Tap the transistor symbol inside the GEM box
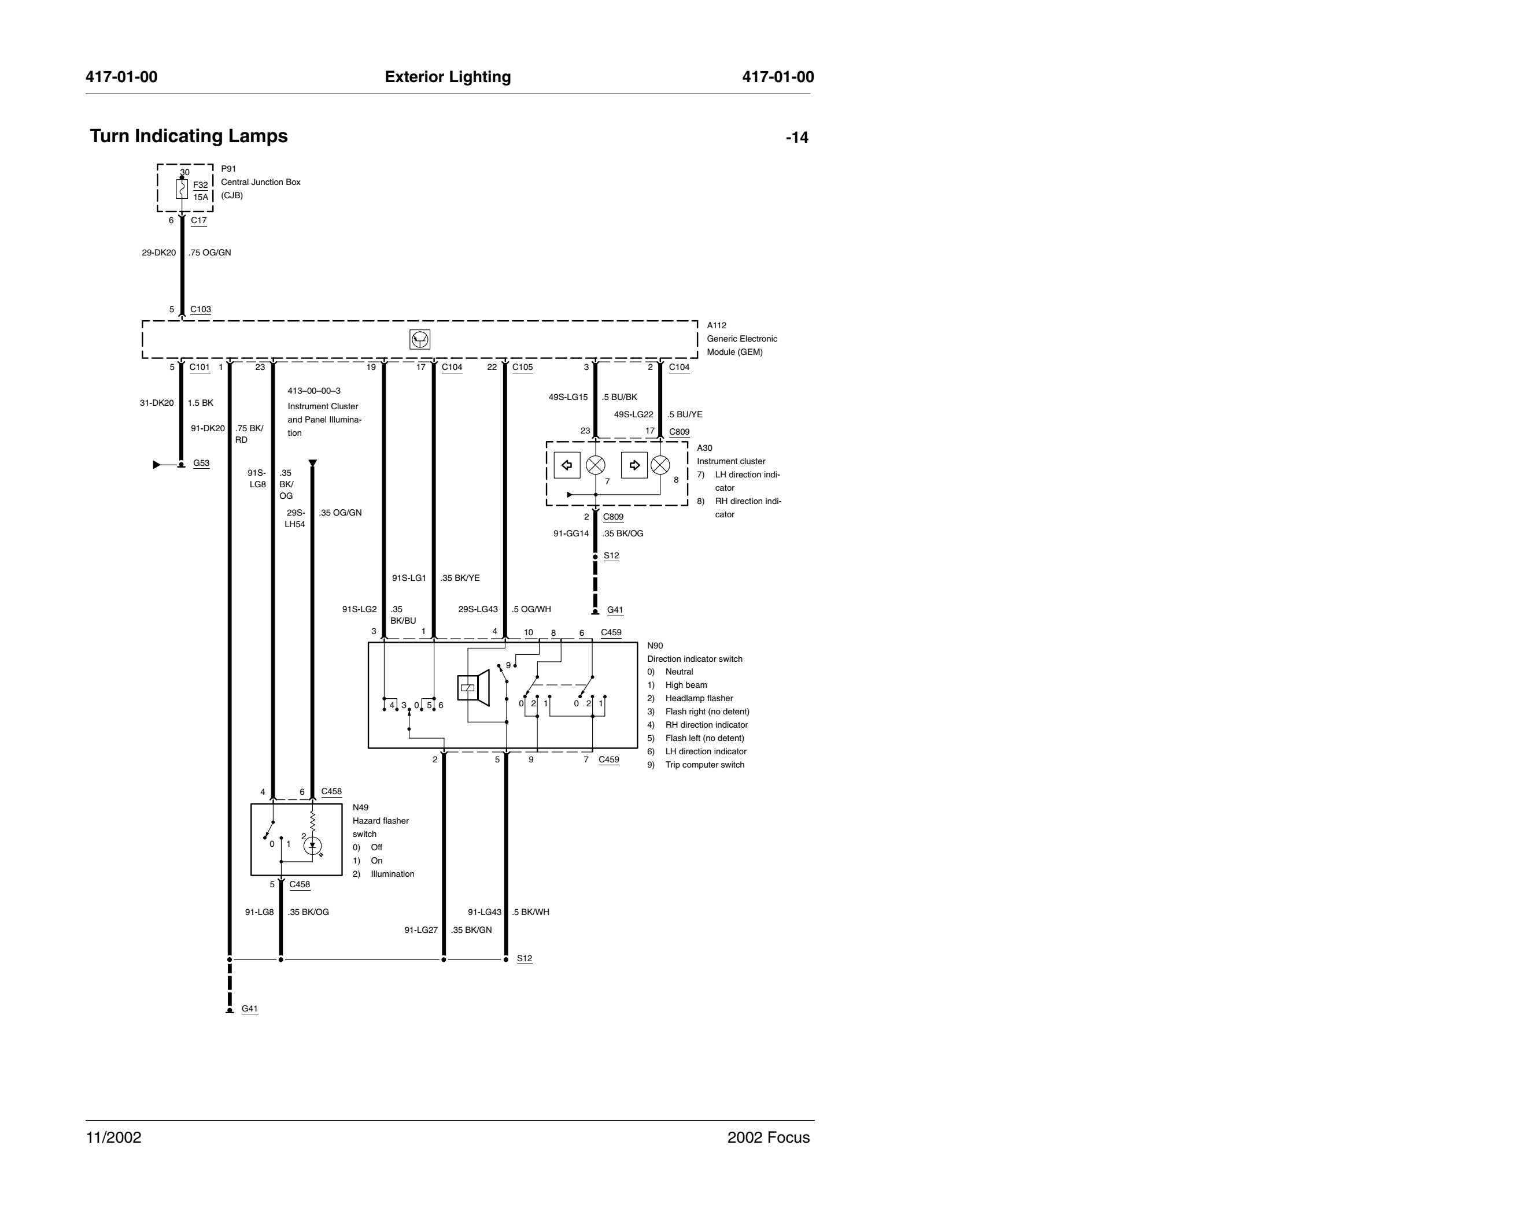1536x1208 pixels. [x=419, y=339]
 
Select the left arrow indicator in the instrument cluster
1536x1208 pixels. [x=567, y=465]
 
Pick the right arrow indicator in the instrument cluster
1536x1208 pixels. [x=634, y=465]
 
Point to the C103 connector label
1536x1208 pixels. [x=200, y=309]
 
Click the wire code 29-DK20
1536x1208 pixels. [x=158, y=253]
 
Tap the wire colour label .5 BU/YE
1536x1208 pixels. [x=685, y=414]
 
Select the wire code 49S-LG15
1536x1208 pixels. [x=568, y=397]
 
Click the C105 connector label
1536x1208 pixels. [x=522, y=367]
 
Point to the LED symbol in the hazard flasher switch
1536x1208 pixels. [x=312, y=846]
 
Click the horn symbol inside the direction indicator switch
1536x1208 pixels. [x=473, y=687]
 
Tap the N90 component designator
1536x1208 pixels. [x=655, y=646]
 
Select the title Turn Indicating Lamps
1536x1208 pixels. [x=189, y=136]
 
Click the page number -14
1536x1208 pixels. [x=797, y=137]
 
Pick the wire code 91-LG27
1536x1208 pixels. [x=421, y=930]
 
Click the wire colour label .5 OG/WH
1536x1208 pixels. [x=531, y=609]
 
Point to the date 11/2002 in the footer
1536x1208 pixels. [x=114, y=1137]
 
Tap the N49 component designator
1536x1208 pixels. [x=361, y=807]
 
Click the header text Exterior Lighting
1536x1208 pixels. [x=448, y=77]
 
